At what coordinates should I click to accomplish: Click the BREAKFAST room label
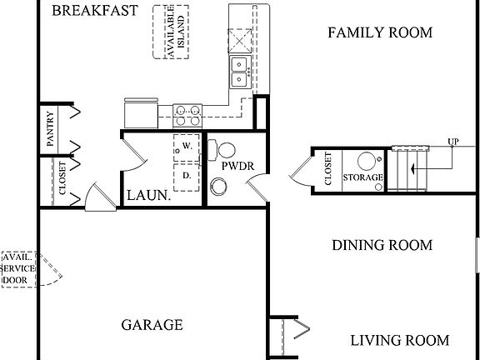[x=93, y=11]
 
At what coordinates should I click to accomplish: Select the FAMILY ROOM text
[x=379, y=32]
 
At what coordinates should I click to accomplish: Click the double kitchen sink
[x=239, y=72]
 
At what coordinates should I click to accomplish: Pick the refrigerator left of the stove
[x=139, y=111]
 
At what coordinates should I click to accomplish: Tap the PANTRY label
[x=51, y=129]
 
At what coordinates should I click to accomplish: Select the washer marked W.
[x=187, y=147]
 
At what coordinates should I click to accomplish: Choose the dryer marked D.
[x=187, y=176]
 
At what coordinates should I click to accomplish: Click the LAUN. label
[x=148, y=197]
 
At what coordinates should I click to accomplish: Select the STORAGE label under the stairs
[x=364, y=177]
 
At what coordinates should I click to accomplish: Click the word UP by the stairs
[x=453, y=141]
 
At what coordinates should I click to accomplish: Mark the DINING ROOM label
[x=382, y=245]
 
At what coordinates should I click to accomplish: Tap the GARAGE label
[x=152, y=325]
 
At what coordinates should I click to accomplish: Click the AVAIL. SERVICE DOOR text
[x=18, y=270]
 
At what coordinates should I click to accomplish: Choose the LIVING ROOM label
[x=398, y=340]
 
